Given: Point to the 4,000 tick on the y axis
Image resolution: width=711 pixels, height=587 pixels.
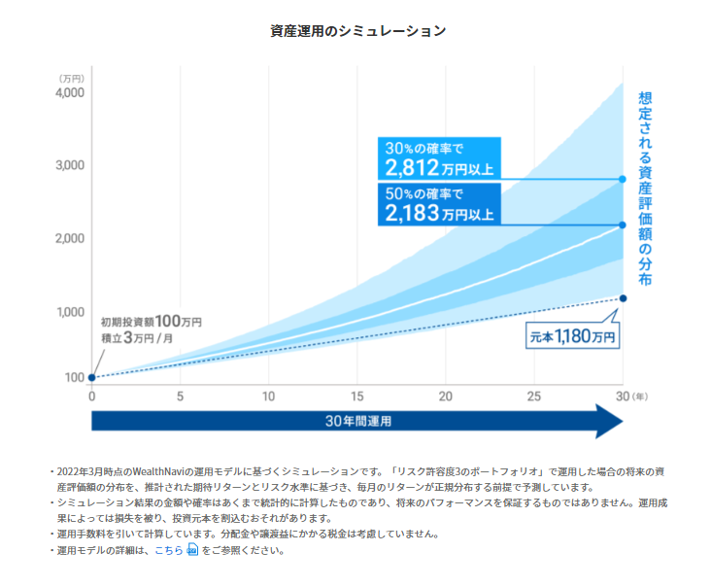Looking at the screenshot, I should (x=69, y=93).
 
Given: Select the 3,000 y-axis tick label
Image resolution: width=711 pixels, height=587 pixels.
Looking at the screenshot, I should (x=69, y=165).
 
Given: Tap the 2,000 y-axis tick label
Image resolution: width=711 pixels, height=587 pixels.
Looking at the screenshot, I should (x=69, y=238).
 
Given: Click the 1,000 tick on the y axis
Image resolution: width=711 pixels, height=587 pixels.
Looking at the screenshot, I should (x=69, y=312).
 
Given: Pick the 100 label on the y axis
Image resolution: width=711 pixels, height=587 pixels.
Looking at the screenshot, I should (x=74, y=377).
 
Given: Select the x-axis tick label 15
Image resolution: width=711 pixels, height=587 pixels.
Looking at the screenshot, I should (x=357, y=397).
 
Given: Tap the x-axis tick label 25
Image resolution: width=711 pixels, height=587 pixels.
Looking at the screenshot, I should (x=534, y=397).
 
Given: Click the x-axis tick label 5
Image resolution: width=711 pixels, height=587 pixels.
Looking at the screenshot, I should (x=180, y=397).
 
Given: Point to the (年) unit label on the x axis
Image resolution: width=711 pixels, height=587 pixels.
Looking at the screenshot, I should (x=639, y=397).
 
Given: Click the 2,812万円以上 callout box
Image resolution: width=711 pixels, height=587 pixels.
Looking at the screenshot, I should (x=439, y=159).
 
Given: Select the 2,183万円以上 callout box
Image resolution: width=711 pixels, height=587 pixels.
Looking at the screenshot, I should (x=439, y=204).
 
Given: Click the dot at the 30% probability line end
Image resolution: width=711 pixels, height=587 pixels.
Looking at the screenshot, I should (x=623, y=179).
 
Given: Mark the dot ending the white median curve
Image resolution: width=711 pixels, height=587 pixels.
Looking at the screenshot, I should (x=623, y=224).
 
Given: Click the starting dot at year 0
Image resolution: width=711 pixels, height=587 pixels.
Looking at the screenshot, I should (x=91, y=377).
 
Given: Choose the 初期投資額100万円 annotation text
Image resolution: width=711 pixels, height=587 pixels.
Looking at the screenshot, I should (x=151, y=322).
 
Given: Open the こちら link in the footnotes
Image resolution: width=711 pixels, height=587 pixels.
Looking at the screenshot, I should (x=169, y=550).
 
